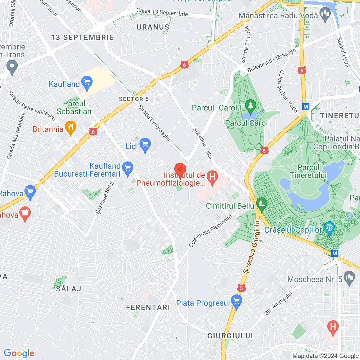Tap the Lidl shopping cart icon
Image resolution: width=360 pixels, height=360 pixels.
pyautogui.click(x=145, y=145)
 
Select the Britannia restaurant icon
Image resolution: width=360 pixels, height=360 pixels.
pyautogui.click(x=70, y=128)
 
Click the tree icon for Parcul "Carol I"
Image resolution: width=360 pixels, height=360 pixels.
pyautogui.click(x=250, y=106)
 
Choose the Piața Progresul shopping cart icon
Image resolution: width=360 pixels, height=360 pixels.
pyautogui.click(x=236, y=301)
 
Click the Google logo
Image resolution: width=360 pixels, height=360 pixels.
pyautogui.click(x=19, y=353)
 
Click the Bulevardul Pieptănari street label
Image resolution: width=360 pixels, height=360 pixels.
pyautogui.click(x=210, y=231)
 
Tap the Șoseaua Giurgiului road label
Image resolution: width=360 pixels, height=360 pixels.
pyautogui.click(x=251, y=246)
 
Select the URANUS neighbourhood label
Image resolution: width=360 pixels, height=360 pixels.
pyautogui.click(x=153, y=27)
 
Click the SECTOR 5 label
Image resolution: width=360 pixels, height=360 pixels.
pyautogui.click(x=134, y=99)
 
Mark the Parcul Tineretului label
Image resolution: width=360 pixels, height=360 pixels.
pyautogui.click(x=308, y=171)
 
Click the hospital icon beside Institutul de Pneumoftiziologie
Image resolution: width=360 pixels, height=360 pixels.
pyautogui.click(x=212, y=177)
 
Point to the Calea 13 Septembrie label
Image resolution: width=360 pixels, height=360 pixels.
pyautogui.click(x=162, y=12)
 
